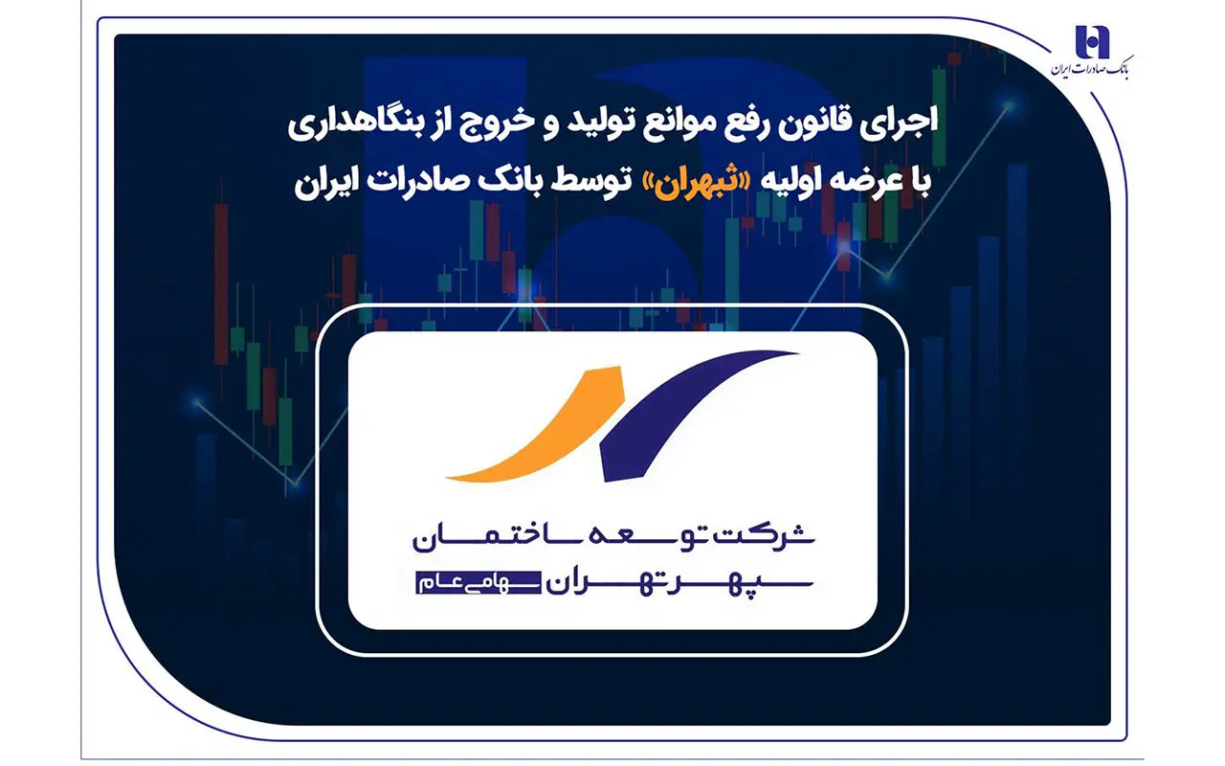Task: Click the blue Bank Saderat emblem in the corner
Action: [1092, 41]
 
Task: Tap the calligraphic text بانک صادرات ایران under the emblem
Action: [1089, 68]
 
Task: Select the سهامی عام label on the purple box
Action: [478, 583]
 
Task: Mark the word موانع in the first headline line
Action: [705, 124]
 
